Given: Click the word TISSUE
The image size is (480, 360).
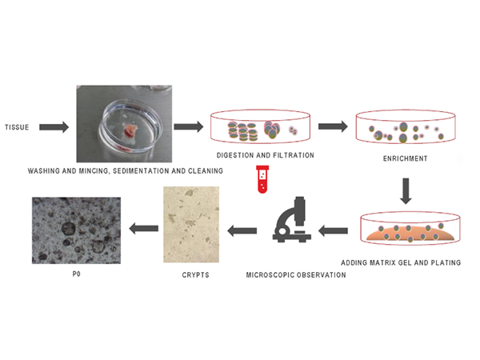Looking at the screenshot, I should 16,128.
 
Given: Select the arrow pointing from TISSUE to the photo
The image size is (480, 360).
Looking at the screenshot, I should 54,127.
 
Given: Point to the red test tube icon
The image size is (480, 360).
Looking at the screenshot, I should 260,179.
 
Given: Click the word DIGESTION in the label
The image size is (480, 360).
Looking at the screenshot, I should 237,154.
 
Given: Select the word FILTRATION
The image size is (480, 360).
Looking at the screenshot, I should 290,154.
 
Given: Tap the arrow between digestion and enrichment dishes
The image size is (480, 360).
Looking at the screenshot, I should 331,126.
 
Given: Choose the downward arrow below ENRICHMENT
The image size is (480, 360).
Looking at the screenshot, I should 406,192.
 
